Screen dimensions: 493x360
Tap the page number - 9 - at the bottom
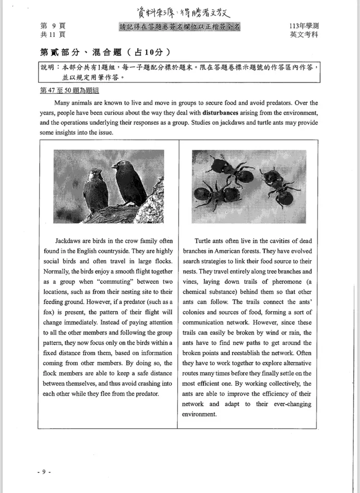pyautogui.click(x=44, y=472)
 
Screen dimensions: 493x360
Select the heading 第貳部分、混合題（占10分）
pyautogui.click(x=105, y=52)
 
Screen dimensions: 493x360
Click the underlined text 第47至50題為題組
pyautogui.click(x=70, y=91)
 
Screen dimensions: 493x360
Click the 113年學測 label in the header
pyautogui.click(x=304, y=26)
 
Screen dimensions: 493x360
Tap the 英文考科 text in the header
pyautogui.click(x=304, y=35)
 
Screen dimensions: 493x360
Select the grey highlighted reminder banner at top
pyautogui.click(x=180, y=26)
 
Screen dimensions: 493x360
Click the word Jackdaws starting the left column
pyautogui.click(x=69, y=241)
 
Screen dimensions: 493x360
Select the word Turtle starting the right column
pyautogui.click(x=204, y=241)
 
